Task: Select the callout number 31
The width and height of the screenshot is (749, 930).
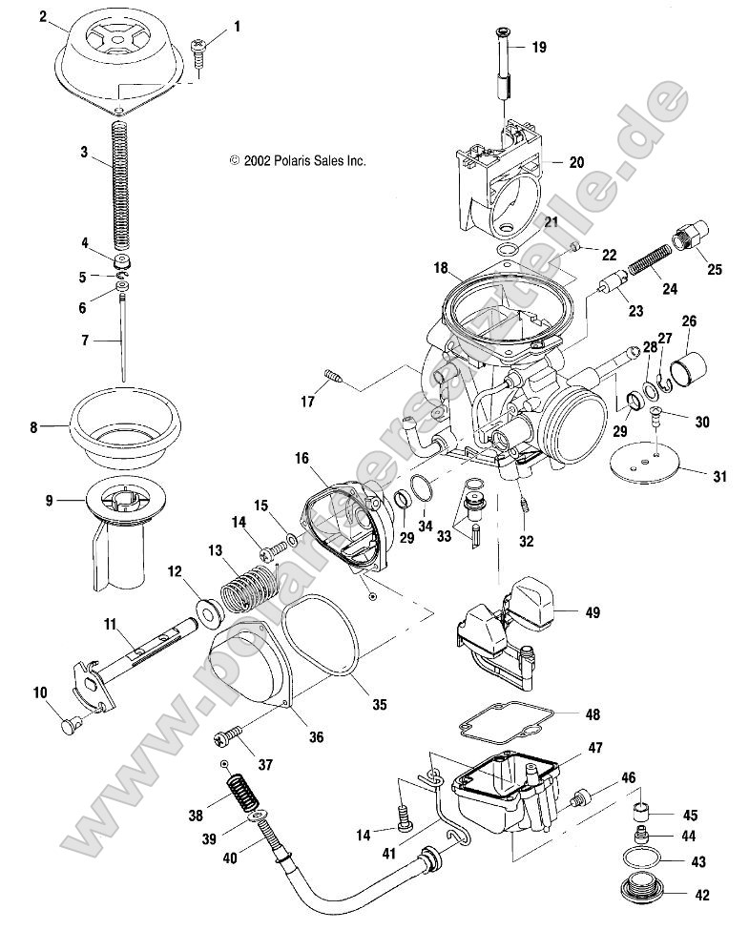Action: pos(718,475)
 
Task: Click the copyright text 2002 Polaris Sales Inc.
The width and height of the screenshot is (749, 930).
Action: pos(297,161)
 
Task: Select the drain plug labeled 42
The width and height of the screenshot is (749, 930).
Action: pos(641,894)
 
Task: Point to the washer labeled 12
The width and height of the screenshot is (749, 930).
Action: pos(203,608)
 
